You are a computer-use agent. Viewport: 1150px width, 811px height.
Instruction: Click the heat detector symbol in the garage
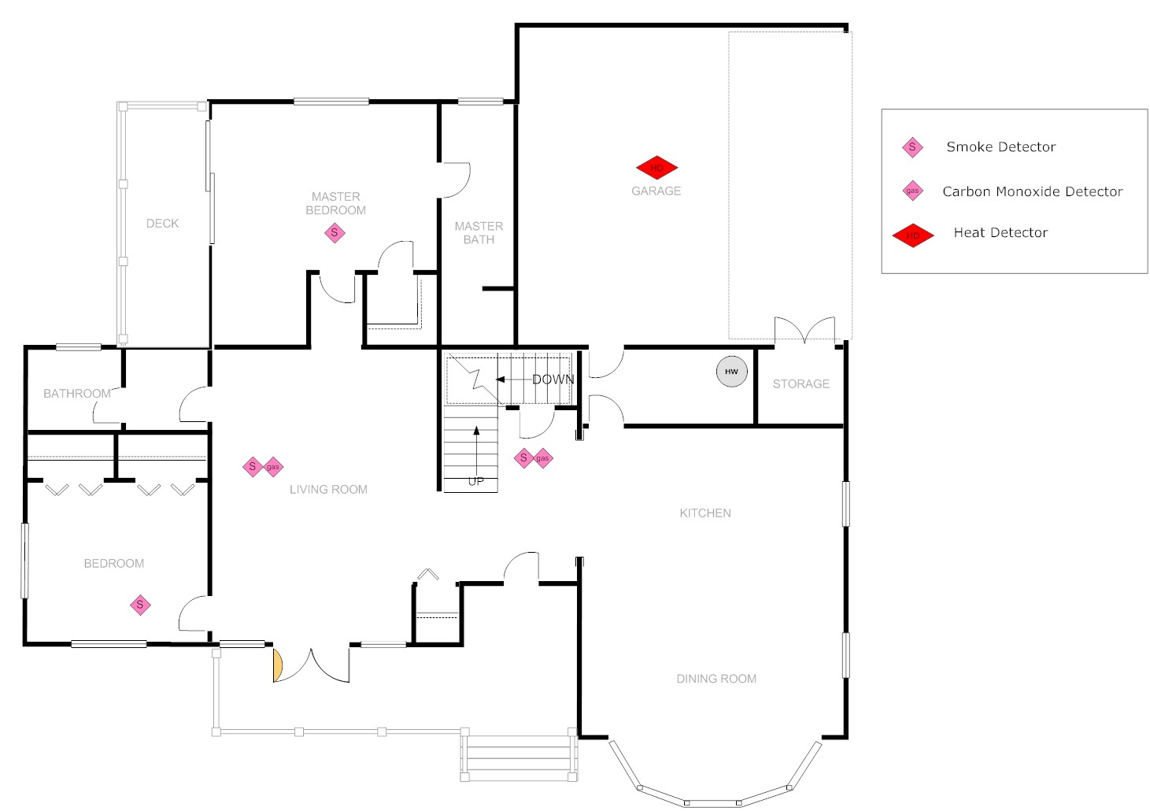(656, 168)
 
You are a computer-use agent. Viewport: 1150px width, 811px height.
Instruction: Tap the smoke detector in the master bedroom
(335, 233)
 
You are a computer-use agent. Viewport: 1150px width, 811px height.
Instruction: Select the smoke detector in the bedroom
(140, 605)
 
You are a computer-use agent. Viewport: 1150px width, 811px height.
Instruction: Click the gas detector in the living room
(272, 467)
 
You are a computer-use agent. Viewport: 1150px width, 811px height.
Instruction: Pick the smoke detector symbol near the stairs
(523, 457)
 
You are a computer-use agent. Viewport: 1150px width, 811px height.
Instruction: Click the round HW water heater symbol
(731, 372)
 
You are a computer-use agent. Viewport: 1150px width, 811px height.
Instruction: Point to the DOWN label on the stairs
(553, 380)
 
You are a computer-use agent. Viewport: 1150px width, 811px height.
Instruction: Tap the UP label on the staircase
(476, 481)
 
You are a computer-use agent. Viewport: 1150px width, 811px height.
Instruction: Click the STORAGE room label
(801, 384)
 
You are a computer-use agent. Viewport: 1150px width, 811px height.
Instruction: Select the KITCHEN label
(705, 513)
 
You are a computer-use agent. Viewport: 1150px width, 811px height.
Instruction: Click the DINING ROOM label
(716, 679)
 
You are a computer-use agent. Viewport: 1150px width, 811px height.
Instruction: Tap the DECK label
(162, 224)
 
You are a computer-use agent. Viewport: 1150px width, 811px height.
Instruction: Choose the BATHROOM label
(76, 394)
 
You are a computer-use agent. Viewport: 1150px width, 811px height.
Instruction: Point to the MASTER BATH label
(479, 233)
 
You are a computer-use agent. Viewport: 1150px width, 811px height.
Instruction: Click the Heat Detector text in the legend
(1000, 232)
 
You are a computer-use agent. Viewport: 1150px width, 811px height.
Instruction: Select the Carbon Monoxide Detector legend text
(1032, 191)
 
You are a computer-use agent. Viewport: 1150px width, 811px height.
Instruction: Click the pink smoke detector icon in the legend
(912, 147)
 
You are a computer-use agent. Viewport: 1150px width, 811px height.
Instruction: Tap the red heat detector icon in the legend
(913, 235)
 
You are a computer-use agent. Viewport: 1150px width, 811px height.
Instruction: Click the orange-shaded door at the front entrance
(277, 665)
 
